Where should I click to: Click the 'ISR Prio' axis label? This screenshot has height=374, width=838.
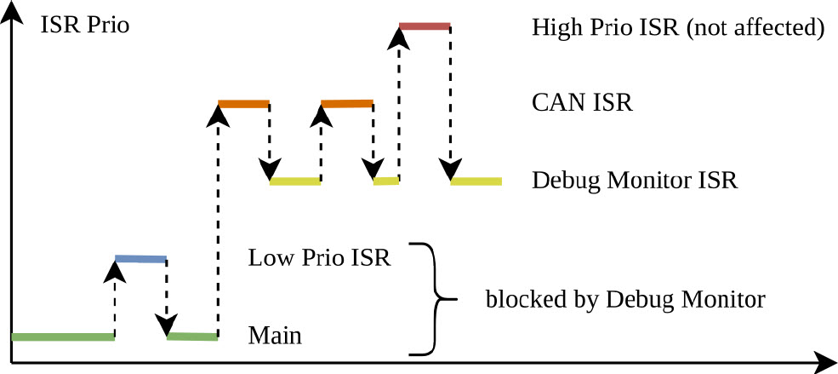85,26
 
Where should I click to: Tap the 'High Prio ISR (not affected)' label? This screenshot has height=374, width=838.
678,28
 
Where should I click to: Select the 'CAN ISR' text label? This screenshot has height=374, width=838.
582,104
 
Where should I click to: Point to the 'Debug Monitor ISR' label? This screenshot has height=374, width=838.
634,181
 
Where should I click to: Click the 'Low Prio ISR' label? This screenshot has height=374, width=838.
319,257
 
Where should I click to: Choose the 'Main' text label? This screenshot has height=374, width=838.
275,335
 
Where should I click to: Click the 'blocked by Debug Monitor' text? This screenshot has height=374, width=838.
625,300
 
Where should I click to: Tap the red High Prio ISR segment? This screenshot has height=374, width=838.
424,26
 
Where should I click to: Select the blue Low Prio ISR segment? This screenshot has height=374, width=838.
141,257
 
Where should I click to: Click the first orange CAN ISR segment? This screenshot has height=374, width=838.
243,104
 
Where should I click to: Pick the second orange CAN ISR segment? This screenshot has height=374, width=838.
347,104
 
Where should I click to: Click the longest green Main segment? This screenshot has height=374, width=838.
63,337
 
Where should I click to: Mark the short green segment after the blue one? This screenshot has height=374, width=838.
192,337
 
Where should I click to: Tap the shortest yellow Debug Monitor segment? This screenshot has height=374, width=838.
386,181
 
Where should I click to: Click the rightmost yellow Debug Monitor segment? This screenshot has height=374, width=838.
476,181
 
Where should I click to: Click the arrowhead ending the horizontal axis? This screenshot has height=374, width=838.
825,362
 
